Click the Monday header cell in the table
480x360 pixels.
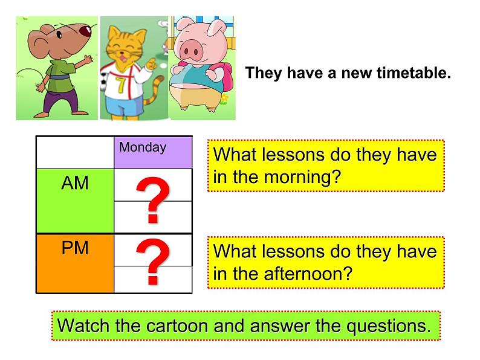tap(152, 152)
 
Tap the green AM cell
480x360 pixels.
tap(75, 201)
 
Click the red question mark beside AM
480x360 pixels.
tap(152, 201)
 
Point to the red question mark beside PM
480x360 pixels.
tap(152, 263)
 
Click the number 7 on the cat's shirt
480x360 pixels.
tap(122, 84)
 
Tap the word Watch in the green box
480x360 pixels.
tap(84, 326)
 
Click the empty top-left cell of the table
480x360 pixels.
tap(75, 152)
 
